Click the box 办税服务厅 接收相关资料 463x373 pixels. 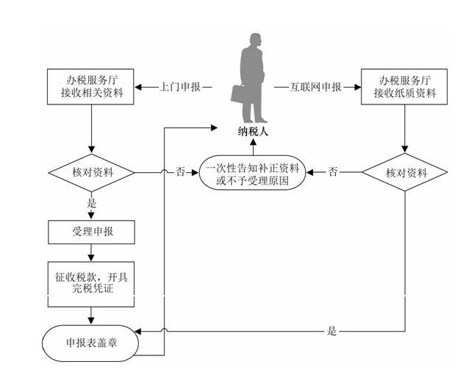click(x=91, y=87)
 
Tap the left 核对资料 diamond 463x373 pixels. click(x=91, y=173)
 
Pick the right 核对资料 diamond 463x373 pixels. click(x=405, y=173)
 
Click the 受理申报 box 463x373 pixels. click(x=91, y=232)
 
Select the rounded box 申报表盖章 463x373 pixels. click(x=91, y=342)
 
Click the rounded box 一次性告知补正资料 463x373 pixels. click(x=252, y=173)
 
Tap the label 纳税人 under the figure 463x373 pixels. click(x=252, y=132)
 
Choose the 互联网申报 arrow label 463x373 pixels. click(x=317, y=87)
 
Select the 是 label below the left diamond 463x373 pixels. click(x=92, y=202)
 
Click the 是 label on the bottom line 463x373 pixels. click(x=332, y=331)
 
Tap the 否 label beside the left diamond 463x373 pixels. click(x=180, y=173)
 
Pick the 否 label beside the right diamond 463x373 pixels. click(x=333, y=173)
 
